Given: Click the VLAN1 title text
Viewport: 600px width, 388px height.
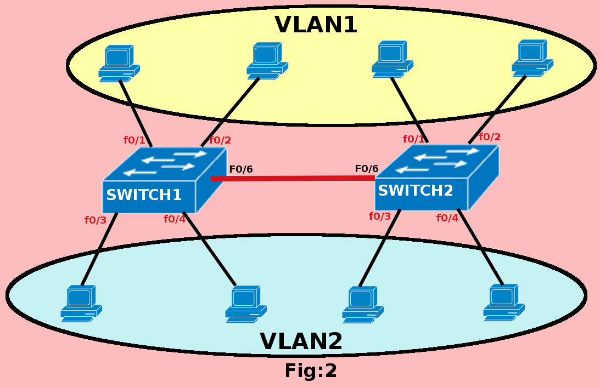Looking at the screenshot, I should [x=316, y=25].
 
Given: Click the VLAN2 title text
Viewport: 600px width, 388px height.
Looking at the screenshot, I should [x=301, y=341].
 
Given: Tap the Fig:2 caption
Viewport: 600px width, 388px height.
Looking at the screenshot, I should [x=310, y=371].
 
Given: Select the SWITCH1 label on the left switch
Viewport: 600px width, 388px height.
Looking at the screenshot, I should [x=144, y=195].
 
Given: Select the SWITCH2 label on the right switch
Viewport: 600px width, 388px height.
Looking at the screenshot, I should [x=416, y=191].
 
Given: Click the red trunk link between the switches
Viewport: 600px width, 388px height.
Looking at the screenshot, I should [x=293, y=178].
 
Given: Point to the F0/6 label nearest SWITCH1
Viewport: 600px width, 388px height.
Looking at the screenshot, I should [x=241, y=169].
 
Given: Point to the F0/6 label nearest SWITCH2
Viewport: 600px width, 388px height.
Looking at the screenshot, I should [x=367, y=169].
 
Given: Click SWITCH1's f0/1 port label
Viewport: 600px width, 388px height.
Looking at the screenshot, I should [x=134, y=140].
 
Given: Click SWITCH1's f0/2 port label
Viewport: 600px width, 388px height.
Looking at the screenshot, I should [x=220, y=140].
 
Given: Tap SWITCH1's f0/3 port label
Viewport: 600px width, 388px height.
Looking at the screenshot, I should [x=96, y=220].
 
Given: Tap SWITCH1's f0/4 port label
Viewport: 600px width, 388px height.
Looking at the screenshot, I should [x=175, y=219].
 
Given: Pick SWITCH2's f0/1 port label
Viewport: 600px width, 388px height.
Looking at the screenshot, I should [x=414, y=139].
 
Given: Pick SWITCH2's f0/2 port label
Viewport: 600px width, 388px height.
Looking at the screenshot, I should [x=490, y=137].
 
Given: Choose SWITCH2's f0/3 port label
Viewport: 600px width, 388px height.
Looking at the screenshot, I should [x=380, y=216].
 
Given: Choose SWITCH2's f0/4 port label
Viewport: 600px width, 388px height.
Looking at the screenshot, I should [x=447, y=218].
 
